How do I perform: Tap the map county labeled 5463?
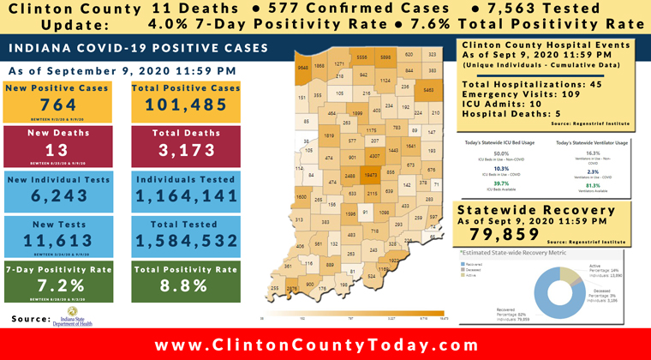tap(428, 88)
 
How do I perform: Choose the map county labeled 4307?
tap(373, 156)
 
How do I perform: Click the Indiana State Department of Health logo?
tap(81, 319)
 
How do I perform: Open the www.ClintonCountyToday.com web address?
tap(325, 345)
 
